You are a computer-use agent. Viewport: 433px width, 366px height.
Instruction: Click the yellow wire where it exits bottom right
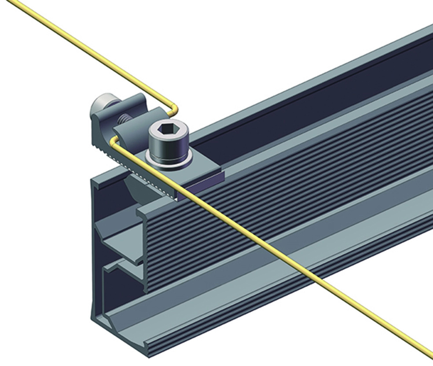point(422,350)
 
